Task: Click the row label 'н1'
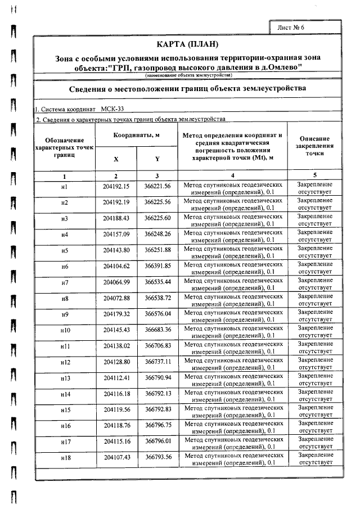click(65, 187)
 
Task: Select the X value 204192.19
click(116, 202)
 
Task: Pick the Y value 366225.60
click(157, 218)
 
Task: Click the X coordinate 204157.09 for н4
click(116, 234)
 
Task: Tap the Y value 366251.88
click(157, 250)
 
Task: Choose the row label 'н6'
click(65, 266)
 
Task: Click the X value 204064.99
click(116, 282)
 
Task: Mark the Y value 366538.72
click(157, 298)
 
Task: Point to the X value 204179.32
click(116, 313)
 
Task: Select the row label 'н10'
click(65, 330)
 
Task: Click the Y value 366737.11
click(157, 361)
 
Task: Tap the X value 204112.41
click(116, 377)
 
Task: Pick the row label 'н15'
click(65, 409)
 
